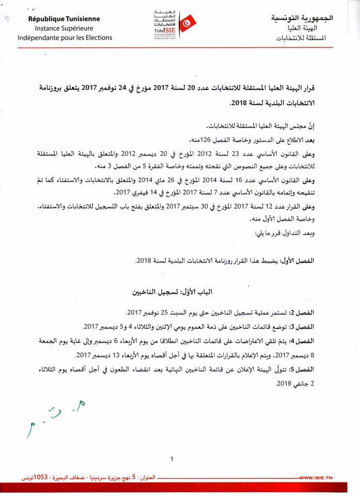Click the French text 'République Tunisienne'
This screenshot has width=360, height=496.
pyautogui.click(x=64, y=19)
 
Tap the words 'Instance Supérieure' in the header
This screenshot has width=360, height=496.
pyautogui.click(x=64, y=28)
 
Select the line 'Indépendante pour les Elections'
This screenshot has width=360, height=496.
pyautogui.click(x=64, y=38)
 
